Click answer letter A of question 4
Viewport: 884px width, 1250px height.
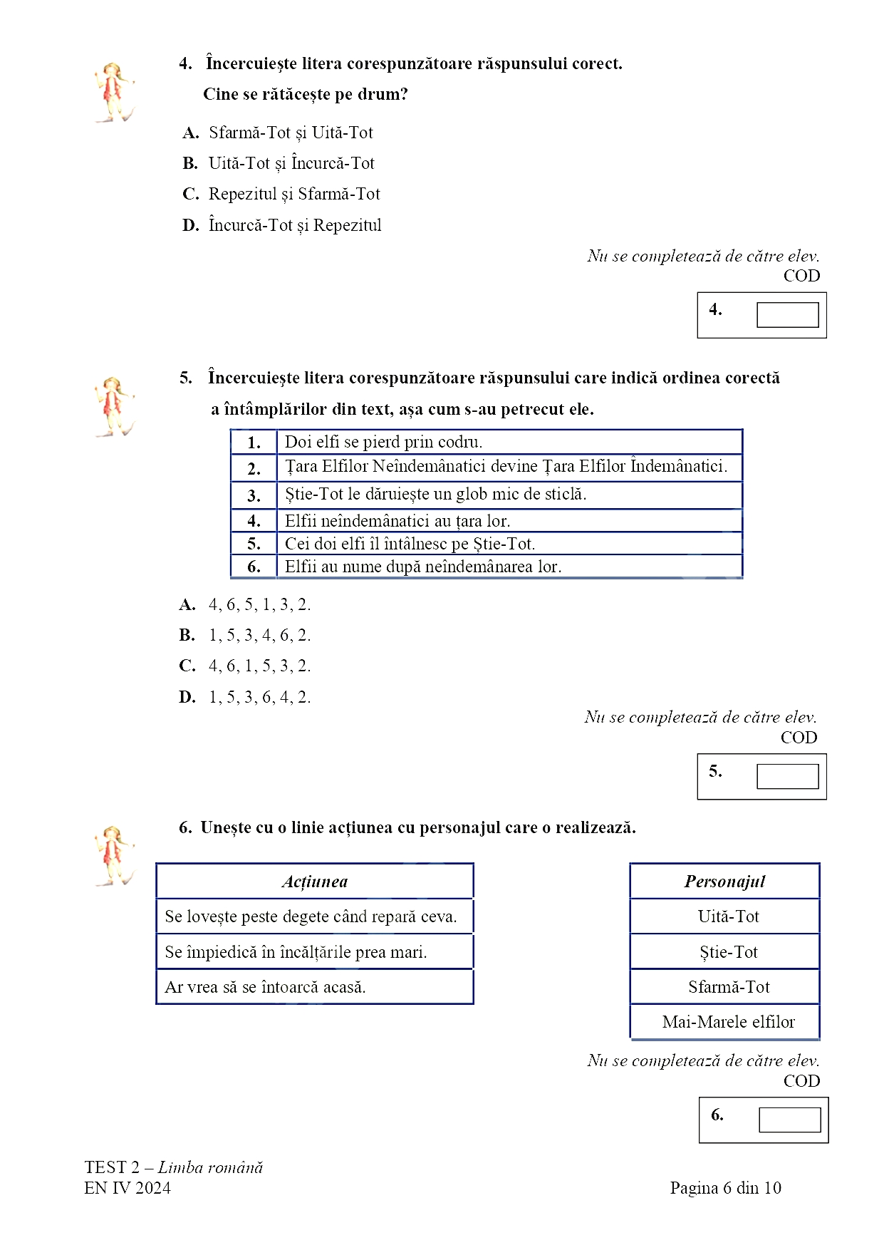(x=190, y=133)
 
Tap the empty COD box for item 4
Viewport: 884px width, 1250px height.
(x=787, y=315)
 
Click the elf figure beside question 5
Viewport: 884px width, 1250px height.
(x=113, y=407)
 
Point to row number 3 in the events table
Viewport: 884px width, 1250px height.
(x=254, y=495)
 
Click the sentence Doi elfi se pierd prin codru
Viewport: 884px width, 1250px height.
(x=383, y=442)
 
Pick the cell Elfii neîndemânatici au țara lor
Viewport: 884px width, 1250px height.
(x=397, y=521)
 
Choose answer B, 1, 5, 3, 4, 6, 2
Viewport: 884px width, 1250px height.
(x=259, y=635)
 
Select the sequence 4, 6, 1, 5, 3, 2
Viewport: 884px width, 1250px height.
(x=259, y=666)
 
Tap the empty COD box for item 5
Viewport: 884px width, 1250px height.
(x=787, y=776)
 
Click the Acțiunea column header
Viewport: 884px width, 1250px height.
(x=315, y=882)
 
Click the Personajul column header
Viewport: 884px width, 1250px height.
(x=724, y=882)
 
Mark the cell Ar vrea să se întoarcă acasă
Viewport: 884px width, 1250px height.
(x=265, y=987)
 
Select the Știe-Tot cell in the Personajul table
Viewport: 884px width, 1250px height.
(x=728, y=952)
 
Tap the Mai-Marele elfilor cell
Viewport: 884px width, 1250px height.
(x=728, y=1022)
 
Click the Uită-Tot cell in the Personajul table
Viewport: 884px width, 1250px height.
(x=728, y=916)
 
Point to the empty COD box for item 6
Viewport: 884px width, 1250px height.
(x=789, y=1120)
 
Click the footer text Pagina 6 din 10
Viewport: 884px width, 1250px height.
(x=725, y=1188)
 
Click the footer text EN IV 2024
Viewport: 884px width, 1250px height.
(x=128, y=1188)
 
